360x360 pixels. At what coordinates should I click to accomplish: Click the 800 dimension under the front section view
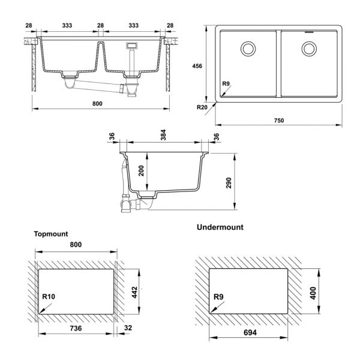(x=98, y=103)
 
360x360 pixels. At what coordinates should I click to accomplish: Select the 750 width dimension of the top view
(x=279, y=120)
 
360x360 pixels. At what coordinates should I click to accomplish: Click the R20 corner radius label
(x=203, y=107)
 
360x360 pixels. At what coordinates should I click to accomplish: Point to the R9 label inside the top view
(x=227, y=85)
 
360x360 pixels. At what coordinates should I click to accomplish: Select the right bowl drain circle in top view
(x=310, y=47)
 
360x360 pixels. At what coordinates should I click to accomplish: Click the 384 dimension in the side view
(x=164, y=136)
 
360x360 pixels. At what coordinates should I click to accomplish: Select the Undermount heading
(x=220, y=227)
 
